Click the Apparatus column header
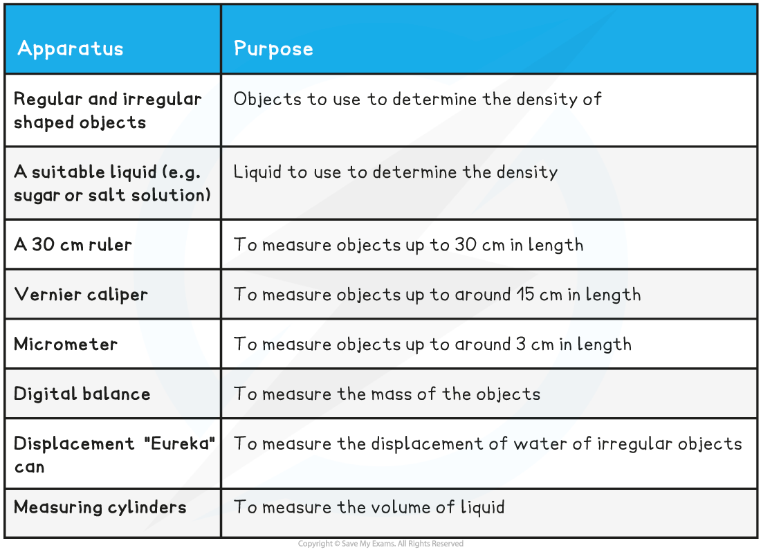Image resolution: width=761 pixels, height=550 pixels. (71, 49)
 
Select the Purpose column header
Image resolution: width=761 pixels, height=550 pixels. (273, 49)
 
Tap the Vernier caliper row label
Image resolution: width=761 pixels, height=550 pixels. (80, 295)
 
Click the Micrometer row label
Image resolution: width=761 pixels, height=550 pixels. (66, 344)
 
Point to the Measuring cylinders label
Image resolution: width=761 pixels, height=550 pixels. (100, 507)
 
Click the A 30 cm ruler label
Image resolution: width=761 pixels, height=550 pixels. (73, 245)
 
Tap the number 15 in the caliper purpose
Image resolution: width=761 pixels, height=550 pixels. (525, 295)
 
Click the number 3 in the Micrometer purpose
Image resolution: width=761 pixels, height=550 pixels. (521, 344)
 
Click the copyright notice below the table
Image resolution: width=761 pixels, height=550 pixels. (380, 544)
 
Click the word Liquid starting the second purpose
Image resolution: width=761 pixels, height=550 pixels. (257, 172)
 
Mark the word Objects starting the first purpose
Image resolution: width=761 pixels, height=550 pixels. (268, 100)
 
